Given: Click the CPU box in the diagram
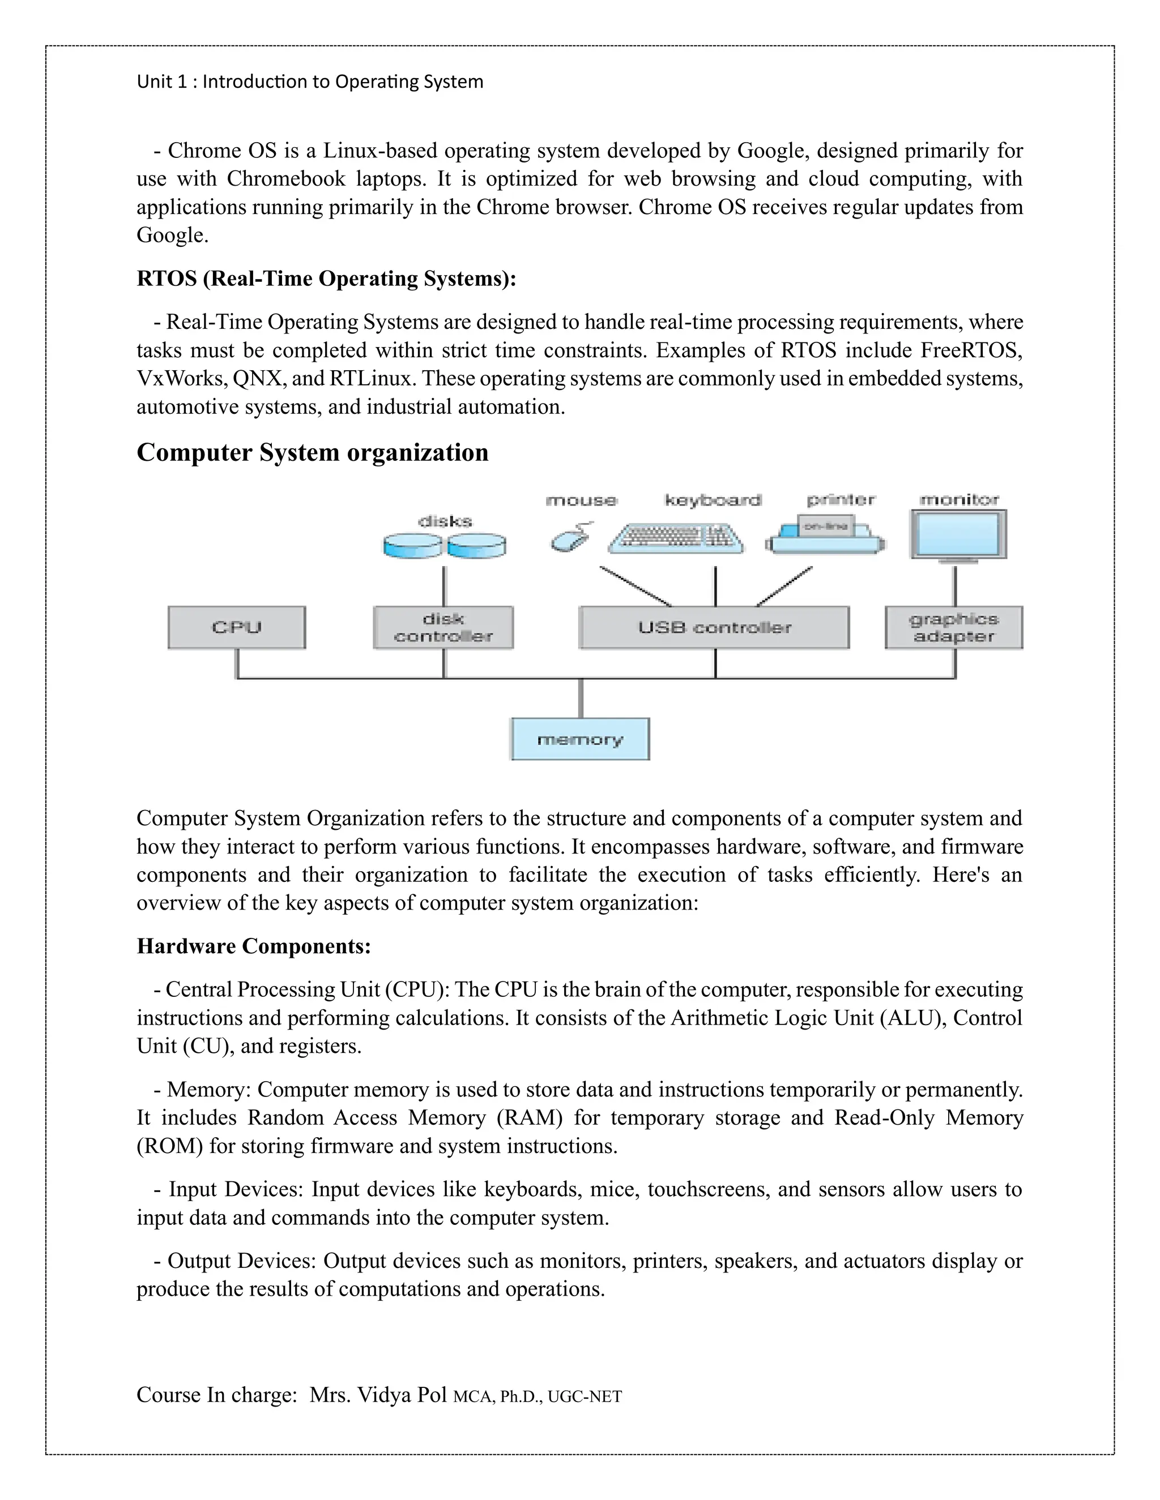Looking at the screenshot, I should (x=236, y=627).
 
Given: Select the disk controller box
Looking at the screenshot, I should (x=443, y=627).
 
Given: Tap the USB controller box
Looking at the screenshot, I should (x=714, y=627).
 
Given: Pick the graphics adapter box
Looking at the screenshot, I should (x=954, y=627).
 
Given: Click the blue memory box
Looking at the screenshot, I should (x=580, y=739).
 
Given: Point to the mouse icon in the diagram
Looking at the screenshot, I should (x=570, y=539).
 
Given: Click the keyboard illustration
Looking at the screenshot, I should (x=676, y=538).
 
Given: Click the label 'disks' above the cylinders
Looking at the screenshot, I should (x=445, y=521).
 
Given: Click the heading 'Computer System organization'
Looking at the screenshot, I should (x=313, y=453).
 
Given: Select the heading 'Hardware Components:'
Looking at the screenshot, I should (x=254, y=946).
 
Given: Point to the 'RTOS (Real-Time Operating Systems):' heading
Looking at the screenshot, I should (x=326, y=279).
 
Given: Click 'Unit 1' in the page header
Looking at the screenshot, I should (x=162, y=82).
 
